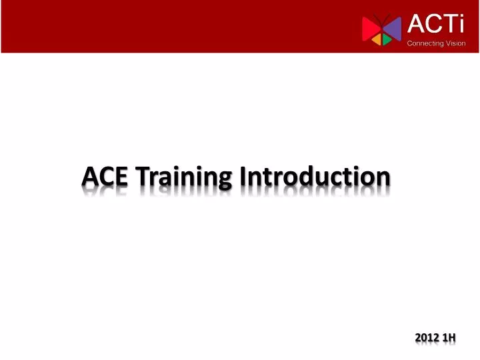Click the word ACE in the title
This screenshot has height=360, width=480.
tap(105, 177)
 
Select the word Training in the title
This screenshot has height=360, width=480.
tap(183, 178)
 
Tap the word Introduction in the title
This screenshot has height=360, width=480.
tap(315, 177)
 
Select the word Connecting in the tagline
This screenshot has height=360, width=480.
tap(425, 43)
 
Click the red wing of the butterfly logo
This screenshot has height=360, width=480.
tap(370, 28)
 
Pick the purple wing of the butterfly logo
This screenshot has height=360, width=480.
tap(393, 27)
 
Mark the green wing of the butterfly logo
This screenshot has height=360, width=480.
tap(387, 40)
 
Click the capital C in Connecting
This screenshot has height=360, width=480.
tap(410, 43)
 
